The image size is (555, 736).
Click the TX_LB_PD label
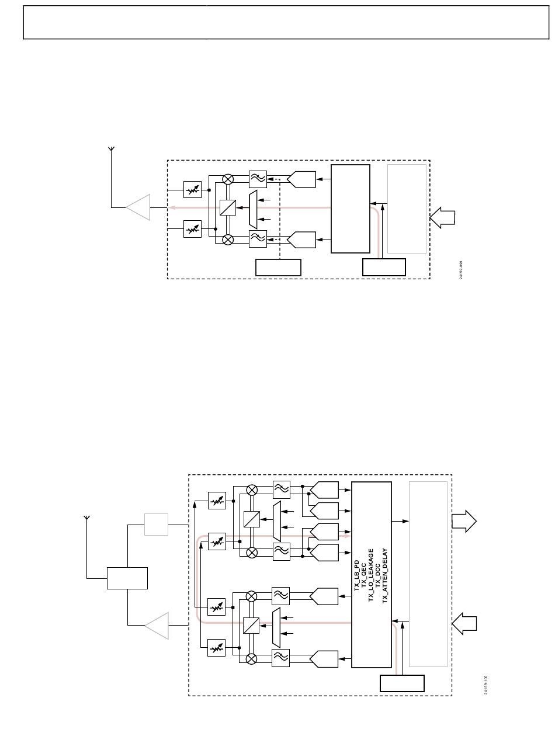point(356,575)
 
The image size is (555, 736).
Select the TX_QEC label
point(363,575)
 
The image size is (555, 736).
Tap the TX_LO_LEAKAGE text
point(370,575)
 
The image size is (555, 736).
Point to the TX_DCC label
point(377,575)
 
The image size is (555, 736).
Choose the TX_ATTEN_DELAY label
point(384,575)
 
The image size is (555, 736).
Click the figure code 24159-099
point(461,270)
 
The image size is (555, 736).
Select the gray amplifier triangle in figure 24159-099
point(139,207)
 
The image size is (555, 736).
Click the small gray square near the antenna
point(156,524)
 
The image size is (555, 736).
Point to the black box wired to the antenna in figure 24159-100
point(127,578)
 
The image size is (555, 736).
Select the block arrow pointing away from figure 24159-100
point(464,520)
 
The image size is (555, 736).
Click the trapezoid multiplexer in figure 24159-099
point(252,209)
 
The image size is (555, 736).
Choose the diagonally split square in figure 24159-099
point(228,207)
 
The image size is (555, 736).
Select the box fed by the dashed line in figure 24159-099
point(278,268)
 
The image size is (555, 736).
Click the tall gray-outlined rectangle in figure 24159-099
point(407,209)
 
